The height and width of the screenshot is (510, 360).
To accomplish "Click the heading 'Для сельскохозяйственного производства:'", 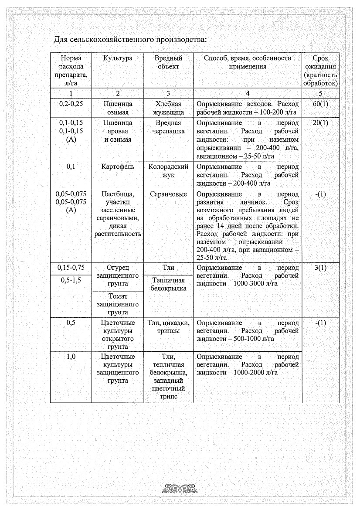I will click(x=129, y=40).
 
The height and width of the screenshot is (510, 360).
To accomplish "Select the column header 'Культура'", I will click(x=118, y=58).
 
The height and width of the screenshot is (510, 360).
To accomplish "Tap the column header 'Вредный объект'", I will click(x=168, y=62).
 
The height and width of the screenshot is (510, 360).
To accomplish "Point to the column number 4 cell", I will click(x=248, y=93).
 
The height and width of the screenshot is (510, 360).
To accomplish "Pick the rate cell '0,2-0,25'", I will click(x=71, y=104).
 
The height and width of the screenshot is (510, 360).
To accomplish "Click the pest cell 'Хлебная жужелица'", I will click(x=168, y=108).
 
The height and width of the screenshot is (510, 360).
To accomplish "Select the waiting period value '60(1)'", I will click(x=320, y=104).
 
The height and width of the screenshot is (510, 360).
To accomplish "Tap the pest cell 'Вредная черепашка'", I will click(x=168, y=127).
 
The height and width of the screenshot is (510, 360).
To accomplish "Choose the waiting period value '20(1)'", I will click(x=320, y=123).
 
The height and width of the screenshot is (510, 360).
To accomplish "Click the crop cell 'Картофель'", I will click(x=118, y=167).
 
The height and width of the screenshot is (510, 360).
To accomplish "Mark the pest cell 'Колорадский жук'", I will click(x=168, y=170).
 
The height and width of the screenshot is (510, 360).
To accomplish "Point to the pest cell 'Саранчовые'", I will click(x=168, y=194).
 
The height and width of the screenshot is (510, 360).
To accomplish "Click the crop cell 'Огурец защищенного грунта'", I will click(x=118, y=275).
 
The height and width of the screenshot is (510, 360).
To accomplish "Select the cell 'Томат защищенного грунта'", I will click(x=118, y=304).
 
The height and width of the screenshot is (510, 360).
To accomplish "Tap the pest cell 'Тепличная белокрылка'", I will click(x=168, y=284).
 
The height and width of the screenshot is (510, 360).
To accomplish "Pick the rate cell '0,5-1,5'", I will click(x=71, y=280).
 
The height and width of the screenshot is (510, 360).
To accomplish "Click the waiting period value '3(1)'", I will click(x=320, y=268).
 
